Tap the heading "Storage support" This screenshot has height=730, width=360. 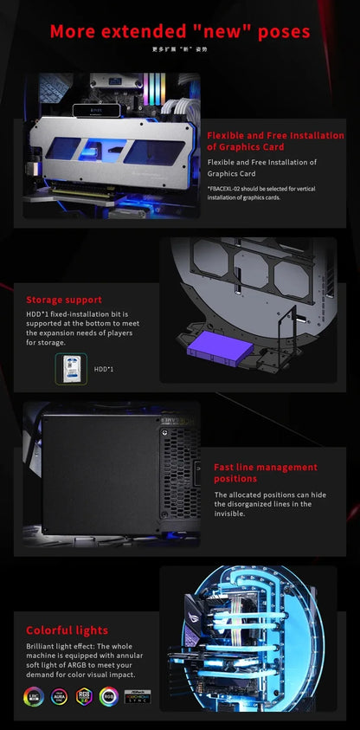click(x=64, y=300)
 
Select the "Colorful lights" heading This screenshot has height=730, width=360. click(x=67, y=630)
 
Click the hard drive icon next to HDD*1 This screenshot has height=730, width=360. click(x=70, y=368)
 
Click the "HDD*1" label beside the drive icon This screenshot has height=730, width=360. click(x=104, y=369)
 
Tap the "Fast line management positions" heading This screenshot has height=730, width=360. click(x=265, y=473)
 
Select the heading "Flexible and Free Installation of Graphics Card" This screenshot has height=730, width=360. click(x=275, y=141)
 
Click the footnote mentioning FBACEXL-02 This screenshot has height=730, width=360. click(x=267, y=192)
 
